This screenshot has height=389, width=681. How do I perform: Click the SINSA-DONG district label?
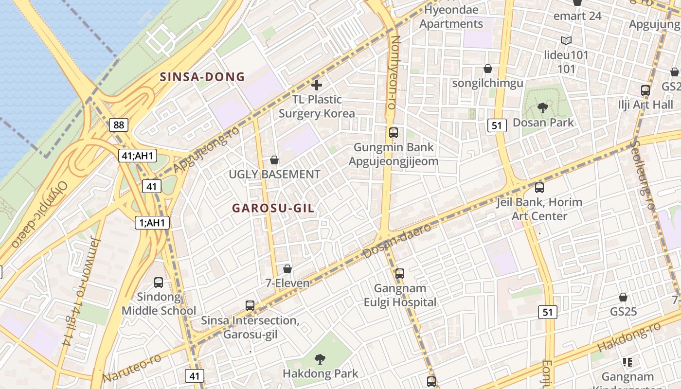coord(202,77)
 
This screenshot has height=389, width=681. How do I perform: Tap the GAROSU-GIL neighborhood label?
coord(273,208)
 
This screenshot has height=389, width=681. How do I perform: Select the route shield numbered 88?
coord(119,125)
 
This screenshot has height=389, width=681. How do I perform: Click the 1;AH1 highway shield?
coord(152,223)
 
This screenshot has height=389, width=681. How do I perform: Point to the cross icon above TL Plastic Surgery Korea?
coord(317,86)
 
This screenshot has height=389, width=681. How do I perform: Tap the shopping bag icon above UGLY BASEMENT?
coord(274,160)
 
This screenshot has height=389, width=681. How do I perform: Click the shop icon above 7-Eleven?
coord(287,269)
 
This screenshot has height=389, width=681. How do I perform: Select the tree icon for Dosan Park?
coord(543,108)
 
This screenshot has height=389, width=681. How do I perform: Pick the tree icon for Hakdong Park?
coord(320,359)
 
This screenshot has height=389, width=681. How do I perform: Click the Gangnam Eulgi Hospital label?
coord(400,296)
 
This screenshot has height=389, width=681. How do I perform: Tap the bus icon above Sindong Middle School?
coord(159,283)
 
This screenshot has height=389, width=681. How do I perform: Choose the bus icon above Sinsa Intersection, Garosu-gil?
coord(250,306)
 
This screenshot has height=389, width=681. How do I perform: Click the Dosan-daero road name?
coord(397,241)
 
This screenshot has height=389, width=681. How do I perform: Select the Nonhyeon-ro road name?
coord(394,72)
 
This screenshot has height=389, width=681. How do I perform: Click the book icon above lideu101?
coord(566,40)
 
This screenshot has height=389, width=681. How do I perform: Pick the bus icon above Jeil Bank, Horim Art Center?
coord(539,188)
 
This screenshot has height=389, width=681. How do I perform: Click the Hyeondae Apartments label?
coord(451,17)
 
